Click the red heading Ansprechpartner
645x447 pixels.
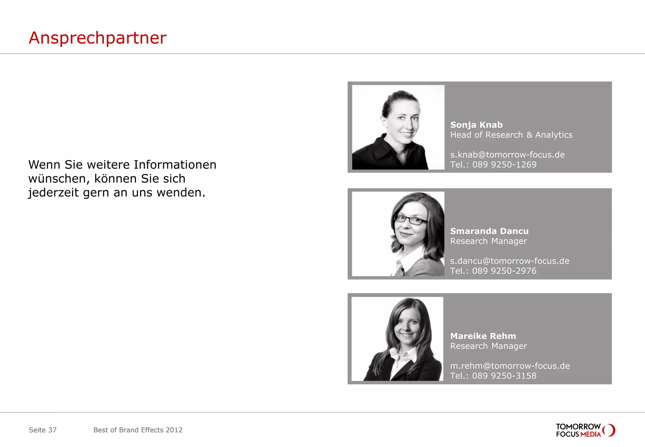tap(97, 38)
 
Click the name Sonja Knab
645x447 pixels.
tap(476, 125)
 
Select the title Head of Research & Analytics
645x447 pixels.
tap(511, 135)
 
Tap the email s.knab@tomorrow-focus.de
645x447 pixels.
tap(507, 155)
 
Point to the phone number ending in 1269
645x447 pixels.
tap(493, 165)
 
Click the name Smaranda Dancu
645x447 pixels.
tap(489, 231)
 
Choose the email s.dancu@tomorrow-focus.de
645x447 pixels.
tap(509, 261)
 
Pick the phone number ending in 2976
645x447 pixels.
tap(493, 271)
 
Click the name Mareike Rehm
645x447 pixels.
tap(483, 336)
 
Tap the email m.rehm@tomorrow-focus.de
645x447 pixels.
tap(510, 366)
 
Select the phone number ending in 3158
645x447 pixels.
tap(493, 376)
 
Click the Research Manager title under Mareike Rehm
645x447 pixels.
tap(488, 346)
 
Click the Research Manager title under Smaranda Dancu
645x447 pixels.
tap(488, 241)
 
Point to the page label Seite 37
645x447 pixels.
tap(43, 430)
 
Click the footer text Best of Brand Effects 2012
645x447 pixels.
tap(138, 430)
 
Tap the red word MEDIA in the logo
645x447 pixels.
tap(591, 434)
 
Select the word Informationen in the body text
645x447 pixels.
tap(175, 165)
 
